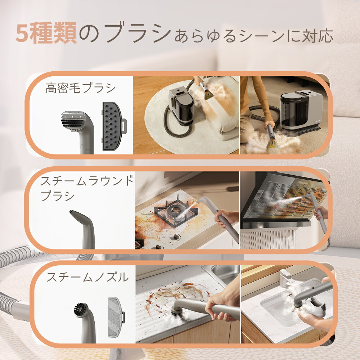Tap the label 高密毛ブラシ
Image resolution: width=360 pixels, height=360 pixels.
tap(81, 88)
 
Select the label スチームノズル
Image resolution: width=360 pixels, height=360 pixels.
tap(87, 277)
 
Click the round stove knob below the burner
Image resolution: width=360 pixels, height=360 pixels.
tap(177, 237)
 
